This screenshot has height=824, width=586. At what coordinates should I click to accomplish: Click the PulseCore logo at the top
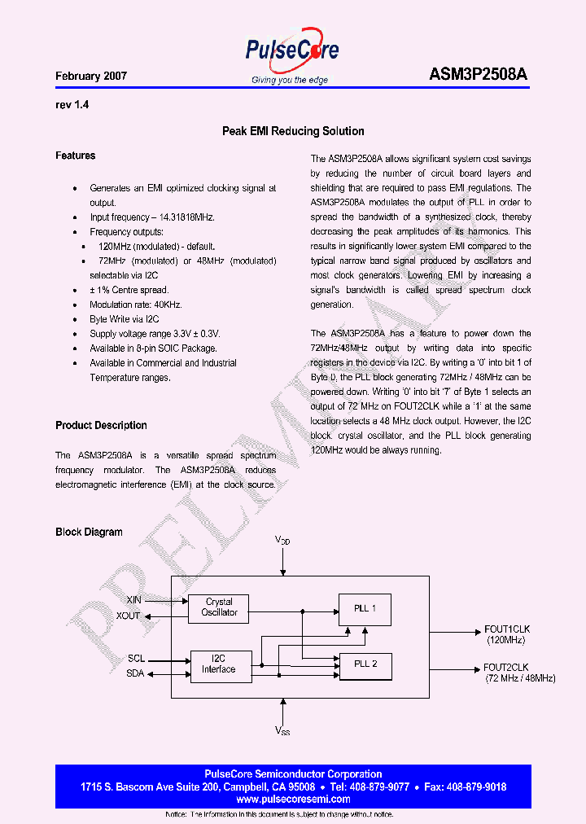coord(291,50)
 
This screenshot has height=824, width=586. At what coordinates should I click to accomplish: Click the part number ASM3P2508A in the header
coord(478,75)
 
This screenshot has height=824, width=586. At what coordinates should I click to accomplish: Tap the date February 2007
coord(91,76)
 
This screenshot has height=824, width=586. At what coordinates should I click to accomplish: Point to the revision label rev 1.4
coord(72,105)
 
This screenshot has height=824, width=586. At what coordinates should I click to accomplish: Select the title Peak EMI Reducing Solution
coord(293,131)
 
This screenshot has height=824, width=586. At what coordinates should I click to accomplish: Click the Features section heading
coord(75,156)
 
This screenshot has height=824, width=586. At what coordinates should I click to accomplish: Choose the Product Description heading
coord(101,425)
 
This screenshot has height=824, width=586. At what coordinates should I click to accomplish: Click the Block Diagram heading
coord(89,532)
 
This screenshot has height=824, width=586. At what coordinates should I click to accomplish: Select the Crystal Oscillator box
coord(219,607)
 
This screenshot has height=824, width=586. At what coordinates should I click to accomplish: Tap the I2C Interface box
coord(219,664)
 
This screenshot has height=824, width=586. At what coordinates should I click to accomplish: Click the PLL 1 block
coord(365,608)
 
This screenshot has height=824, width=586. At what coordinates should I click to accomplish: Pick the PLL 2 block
coord(365,664)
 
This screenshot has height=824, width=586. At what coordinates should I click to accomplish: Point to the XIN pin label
coord(133,600)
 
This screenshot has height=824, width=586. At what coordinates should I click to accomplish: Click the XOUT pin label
coord(129,616)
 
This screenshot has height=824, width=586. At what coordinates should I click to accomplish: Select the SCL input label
coord(136,658)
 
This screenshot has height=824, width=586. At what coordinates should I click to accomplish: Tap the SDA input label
coord(135,673)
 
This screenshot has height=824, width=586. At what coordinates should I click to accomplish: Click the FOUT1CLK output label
coord(506,629)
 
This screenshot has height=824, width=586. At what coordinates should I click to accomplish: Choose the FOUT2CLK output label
coord(506,668)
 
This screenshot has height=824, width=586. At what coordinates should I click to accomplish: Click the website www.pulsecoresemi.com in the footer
coord(293,800)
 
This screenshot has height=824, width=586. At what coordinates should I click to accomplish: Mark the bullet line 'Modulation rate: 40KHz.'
coord(135,305)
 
